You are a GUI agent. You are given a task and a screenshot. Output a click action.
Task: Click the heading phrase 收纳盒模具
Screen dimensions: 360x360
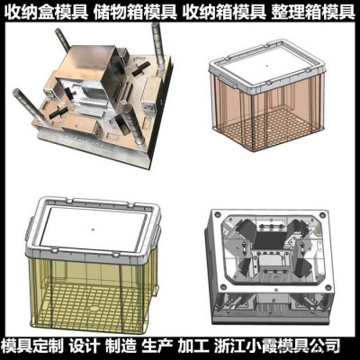(x=47, y=11)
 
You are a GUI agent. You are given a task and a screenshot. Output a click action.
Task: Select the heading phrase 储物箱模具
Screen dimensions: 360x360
(x=135, y=11)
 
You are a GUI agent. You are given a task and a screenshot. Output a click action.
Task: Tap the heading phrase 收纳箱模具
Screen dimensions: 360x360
(x=224, y=11)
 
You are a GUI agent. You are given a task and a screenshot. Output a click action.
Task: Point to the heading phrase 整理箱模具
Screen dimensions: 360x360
(x=313, y=11)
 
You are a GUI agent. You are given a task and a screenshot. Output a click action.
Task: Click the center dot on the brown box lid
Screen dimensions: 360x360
(x=266, y=64)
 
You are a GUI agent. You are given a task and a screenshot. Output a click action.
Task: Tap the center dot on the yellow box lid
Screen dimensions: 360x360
(x=93, y=229)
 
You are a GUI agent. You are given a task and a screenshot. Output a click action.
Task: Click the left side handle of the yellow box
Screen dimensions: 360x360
(x=29, y=231)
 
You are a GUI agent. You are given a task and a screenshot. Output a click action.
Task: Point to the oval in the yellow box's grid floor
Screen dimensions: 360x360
(x=94, y=308)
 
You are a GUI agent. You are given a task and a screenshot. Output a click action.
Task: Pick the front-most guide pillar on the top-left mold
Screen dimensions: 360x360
(x=133, y=125)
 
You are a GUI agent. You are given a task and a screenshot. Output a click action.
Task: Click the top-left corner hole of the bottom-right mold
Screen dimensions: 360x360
(x=217, y=215)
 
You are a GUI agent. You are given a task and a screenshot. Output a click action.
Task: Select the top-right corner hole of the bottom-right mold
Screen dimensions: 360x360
(x=322, y=215)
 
